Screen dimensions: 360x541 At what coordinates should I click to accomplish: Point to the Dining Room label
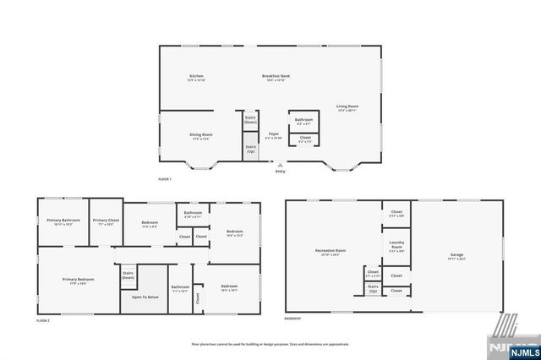(200, 136)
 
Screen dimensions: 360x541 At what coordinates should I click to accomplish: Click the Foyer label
(274, 135)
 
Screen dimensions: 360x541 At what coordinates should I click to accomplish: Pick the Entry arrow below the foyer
(281, 166)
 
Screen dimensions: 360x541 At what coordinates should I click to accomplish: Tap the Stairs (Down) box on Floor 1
(251, 120)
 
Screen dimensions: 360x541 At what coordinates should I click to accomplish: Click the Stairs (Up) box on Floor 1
(251, 149)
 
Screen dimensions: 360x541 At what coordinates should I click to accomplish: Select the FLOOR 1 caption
(165, 180)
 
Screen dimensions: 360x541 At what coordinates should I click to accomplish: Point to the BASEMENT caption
(294, 319)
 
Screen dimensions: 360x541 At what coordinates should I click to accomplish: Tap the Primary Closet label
(107, 223)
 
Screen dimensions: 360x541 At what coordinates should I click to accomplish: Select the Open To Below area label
(145, 297)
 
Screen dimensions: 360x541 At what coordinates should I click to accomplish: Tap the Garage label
(457, 256)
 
